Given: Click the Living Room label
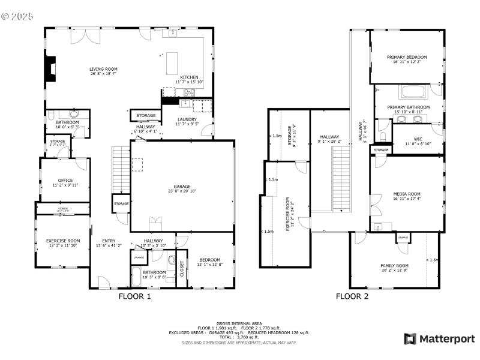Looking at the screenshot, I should (103, 69).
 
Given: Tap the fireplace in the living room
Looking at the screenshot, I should (52, 69).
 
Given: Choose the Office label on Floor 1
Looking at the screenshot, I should (65, 180).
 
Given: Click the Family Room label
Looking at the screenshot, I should (394, 265).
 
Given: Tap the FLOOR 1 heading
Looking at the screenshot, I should (134, 296).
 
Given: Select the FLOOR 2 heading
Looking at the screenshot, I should (352, 296).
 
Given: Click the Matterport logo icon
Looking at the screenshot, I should (410, 339).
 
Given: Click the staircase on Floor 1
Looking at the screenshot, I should (121, 169).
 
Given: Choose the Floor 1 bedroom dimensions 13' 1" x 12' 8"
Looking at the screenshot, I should (210, 265).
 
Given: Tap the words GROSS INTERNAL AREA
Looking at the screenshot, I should (239, 323).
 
